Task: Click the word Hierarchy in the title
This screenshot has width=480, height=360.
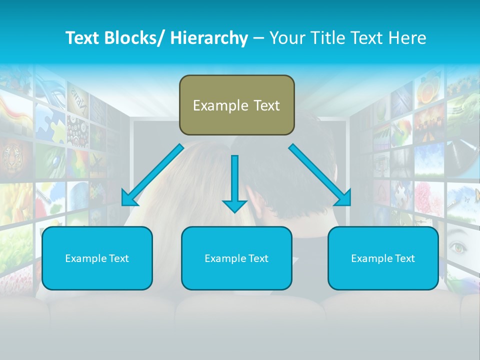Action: point(209,38)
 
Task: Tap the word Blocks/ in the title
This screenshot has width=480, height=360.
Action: point(133,38)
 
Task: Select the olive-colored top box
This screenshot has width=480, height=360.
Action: point(236,105)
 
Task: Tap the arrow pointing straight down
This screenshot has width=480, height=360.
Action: point(235,183)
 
